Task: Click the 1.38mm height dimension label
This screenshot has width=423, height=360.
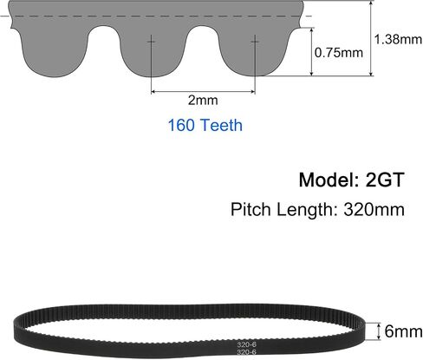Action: [x=398, y=39]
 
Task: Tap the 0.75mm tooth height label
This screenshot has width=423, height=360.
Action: [x=339, y=53]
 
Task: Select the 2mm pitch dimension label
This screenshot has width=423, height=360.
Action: [x=203, y=101]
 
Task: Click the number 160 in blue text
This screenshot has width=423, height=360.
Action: [x=181, y=125]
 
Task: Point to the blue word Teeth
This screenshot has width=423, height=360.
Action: [x=221, y=125]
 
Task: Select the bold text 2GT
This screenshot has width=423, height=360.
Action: [x=384, y=180]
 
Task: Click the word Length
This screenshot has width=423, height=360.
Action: [x=307, y=210]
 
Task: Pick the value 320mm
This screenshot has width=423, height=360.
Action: [x=374, y=209]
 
